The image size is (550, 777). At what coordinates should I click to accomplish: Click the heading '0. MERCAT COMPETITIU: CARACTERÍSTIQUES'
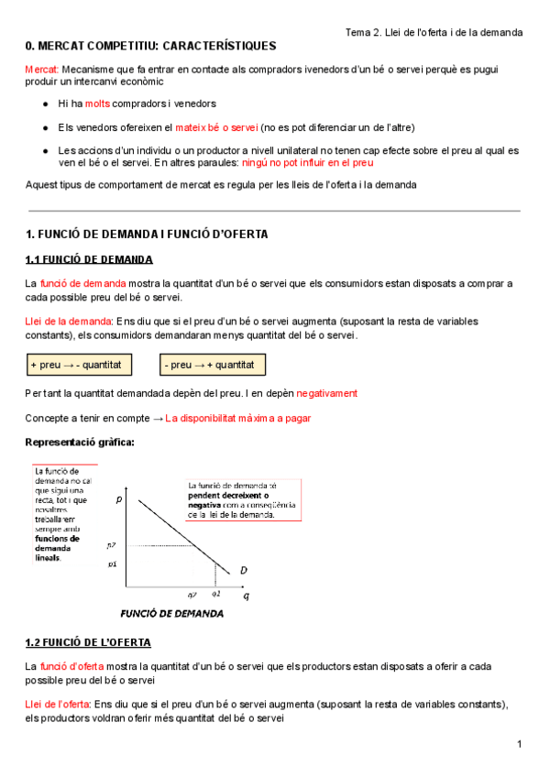(x=150, y=46)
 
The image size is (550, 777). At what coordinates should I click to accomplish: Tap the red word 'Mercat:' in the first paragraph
(x=42, y=70)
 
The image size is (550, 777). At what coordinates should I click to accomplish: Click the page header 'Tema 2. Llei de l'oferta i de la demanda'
(x=434, y=32)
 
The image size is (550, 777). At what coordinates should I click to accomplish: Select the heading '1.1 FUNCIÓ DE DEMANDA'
(x=89, y=259)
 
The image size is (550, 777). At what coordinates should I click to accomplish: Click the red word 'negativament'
(x=326, y=393)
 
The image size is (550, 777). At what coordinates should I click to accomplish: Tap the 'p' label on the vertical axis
(x=119, y=500)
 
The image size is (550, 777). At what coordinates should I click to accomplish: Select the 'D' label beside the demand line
(x=244, y=570)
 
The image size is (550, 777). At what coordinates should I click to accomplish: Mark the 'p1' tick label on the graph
(x=112, y=564)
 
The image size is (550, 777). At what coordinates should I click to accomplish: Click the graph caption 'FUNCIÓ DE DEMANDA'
(x=172, y=613)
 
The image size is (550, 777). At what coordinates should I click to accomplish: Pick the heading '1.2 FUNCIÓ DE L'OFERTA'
(x=88, y=642)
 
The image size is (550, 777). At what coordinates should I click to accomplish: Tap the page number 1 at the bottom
(x=519, y=743)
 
